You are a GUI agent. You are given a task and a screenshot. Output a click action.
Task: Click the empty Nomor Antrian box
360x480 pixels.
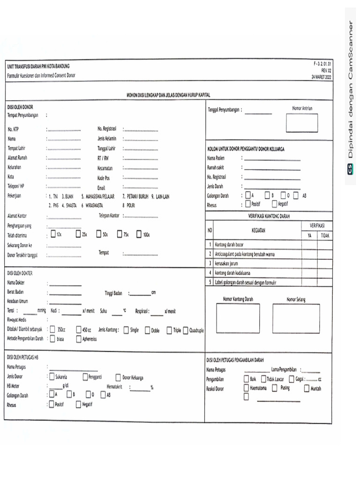302,123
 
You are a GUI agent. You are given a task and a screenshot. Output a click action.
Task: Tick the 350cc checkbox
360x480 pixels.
52,330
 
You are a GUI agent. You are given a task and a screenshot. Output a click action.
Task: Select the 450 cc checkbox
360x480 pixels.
78,330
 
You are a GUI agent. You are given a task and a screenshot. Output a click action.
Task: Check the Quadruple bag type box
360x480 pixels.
186,330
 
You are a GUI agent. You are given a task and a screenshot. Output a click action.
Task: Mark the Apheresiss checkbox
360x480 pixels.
78,338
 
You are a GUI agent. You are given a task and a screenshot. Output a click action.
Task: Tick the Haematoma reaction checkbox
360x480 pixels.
247,388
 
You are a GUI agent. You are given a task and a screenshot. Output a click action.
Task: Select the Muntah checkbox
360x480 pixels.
307,388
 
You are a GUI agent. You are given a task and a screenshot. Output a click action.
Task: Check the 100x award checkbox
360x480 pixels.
140,234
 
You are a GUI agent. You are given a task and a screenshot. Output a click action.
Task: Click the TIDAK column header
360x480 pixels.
325,236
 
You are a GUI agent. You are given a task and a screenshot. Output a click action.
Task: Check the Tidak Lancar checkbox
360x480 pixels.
264,379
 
